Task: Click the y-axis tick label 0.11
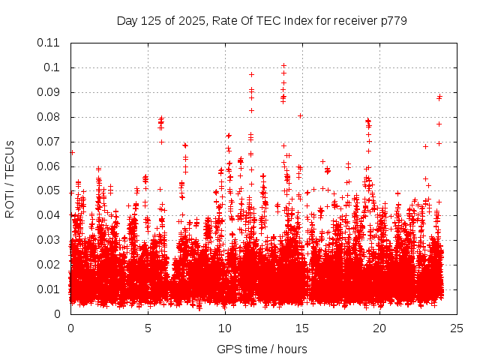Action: pos(49,43)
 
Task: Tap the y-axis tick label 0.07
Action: pos(49,142)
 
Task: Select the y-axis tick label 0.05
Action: pos(49,190)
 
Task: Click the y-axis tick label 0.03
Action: pos(49,240)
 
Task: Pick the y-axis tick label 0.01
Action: pos(49,289)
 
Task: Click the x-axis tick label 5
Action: pos(148,328)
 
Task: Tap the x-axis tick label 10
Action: pos(225,328)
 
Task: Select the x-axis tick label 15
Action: pos(302,328)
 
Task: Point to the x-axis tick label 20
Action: pos(379,328)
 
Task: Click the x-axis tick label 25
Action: pos(457,328)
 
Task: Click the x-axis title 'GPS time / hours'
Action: pos(262,349)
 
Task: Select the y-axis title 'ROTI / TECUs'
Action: pos(10,178)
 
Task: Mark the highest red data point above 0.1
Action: pos(283,65)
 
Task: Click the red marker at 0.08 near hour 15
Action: pos(300,115)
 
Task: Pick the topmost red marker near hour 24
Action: pos(439,96)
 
